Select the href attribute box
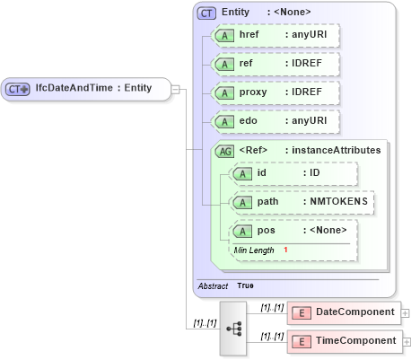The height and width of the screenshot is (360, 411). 274,35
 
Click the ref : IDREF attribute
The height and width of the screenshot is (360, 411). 274,64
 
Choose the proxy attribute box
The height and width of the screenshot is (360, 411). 274,92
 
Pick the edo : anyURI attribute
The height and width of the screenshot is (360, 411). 274,121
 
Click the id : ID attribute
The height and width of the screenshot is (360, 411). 293,173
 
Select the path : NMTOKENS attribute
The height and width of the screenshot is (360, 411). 302,202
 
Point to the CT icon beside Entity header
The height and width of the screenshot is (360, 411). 206,13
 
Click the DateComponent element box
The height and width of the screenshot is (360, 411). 344,312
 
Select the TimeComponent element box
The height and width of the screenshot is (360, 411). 344,341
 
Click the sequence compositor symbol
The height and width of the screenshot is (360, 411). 234,329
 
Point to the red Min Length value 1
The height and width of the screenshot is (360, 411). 285,250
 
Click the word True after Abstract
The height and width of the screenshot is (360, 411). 245,285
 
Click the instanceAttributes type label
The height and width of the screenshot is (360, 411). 332,150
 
